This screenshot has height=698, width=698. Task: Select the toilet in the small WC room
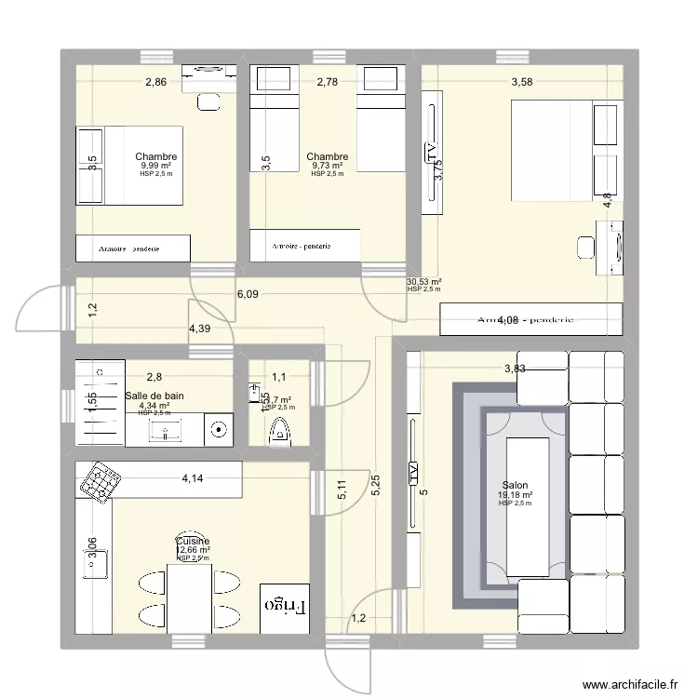[279, 433]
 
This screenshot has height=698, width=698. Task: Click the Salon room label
[515, 485]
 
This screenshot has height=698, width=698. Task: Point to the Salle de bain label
[154, 396]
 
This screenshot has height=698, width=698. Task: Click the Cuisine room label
[193, 541]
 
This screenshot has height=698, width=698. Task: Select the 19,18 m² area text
[515, 495]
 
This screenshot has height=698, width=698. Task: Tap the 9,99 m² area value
[155, 166]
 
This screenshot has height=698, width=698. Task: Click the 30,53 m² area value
[423, 282]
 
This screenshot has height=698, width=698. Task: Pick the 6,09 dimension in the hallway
[248, 294]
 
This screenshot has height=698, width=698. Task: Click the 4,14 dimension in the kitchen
[193, 479]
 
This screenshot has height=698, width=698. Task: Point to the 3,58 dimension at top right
[522, 83]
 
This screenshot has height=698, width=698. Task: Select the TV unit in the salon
[410, 475]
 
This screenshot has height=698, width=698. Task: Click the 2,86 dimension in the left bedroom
[155, 83]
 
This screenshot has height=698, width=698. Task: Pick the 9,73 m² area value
[327, 166]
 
